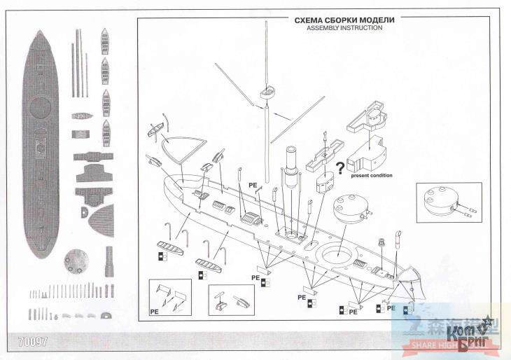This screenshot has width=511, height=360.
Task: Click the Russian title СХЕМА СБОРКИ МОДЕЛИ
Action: (x=344, y=20)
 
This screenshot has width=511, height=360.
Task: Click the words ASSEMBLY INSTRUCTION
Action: (x=344, y=29)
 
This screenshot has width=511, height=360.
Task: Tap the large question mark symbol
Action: (x=340, y=167)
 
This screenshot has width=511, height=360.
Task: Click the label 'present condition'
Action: (x=372, y=175)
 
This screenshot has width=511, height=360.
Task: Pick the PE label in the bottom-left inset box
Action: (x=154, y=307)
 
